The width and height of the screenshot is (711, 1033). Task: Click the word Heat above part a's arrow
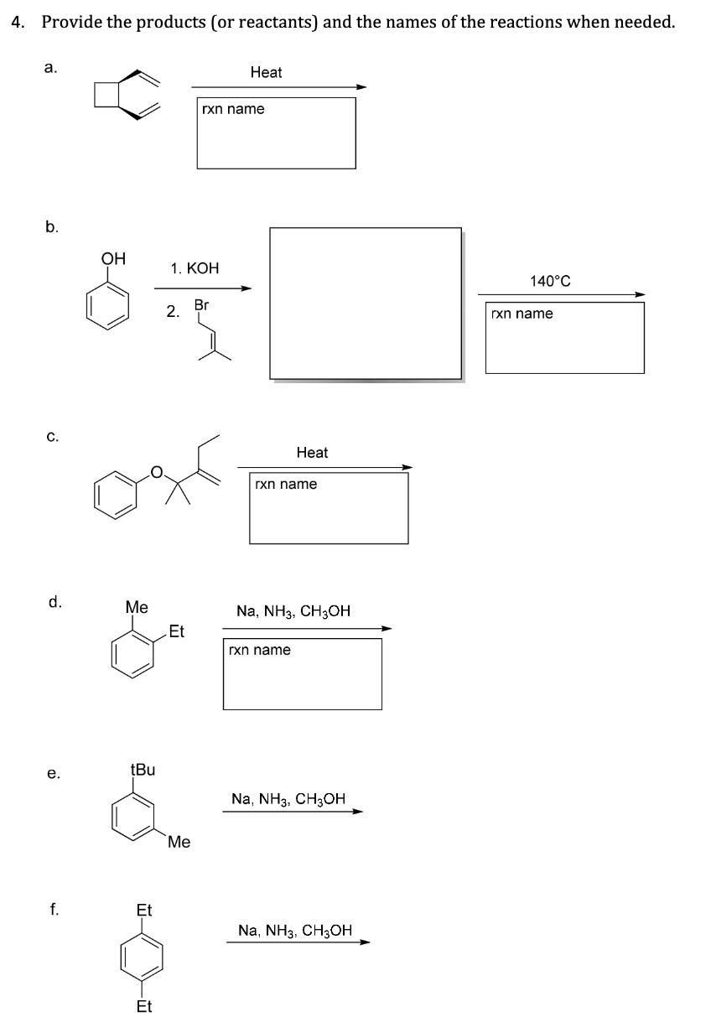(x=266, y=73)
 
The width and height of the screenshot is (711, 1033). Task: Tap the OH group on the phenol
(x=113, y=260)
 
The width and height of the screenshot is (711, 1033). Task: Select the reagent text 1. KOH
(x=194, y=268)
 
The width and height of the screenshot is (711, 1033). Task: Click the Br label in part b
(x=201, y=305)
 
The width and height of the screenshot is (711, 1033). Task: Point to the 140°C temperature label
(x=550, y=282)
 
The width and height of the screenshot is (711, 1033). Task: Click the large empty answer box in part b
(x=366, y=304)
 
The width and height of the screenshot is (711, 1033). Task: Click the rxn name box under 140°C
(x=565, y=337)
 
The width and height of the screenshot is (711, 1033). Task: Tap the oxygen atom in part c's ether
(x=156, y=473)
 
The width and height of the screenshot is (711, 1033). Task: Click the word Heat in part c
(x=312, y=453)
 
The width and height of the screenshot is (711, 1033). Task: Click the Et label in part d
(x=176, y=631)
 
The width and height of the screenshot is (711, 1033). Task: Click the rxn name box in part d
(x=302, y=673)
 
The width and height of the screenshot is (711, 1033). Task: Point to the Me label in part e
(x=179, y=842)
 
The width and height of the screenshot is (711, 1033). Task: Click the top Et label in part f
(x=144, y=910)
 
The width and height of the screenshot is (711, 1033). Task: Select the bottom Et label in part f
(x=144, y=1006)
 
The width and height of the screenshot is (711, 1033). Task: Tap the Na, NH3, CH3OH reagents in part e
(x=288, y=799)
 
